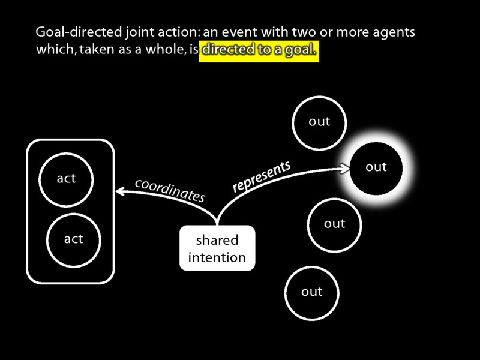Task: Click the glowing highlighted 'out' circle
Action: [376, 167]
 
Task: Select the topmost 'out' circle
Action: [319, 122]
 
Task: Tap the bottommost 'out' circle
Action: [312, 292]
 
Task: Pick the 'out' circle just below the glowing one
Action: [334, 224]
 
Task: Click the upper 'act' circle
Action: [66, 179]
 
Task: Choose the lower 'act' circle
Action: [73, 239]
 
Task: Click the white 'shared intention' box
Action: [217, 248]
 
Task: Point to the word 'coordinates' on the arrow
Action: [170, 189]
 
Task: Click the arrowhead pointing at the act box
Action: [119, 191]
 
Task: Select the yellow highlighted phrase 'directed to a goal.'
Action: [259, 52]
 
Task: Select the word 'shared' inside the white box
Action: [217, 241]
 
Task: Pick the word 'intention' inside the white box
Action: [217, 258]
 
